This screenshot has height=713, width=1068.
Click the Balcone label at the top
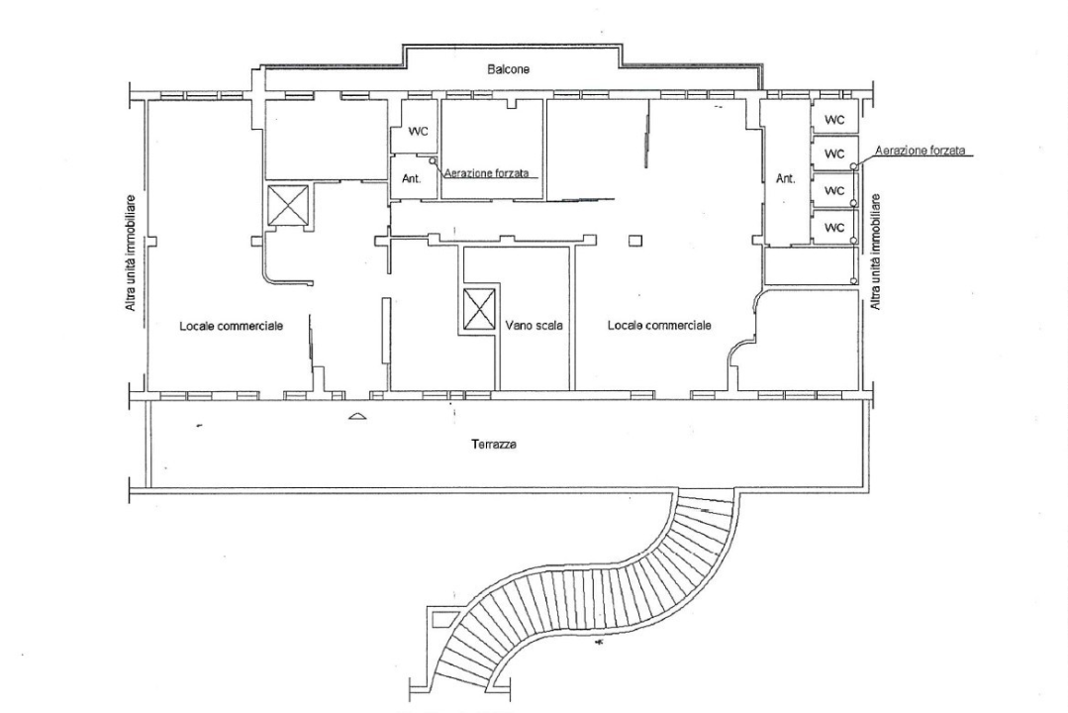[x=508, y=70]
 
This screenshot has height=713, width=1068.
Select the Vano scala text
[x=533, y=326]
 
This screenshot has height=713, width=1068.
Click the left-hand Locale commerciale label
[x=232, y=326]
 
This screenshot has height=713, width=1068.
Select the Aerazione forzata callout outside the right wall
[x=919, y=151]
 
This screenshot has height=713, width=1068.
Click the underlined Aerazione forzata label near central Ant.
[x=492, y=172]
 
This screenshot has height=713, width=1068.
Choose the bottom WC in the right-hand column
[x=834, y=227]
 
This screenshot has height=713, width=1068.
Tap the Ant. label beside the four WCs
[x=786, y=179]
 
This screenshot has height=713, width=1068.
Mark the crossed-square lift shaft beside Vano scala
[x=477, y=310]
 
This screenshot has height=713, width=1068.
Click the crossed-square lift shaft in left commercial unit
[x=287, y=205]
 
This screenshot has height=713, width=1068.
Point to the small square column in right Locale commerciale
[x=634, y=239]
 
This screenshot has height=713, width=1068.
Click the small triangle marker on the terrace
[x=356, y=418]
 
